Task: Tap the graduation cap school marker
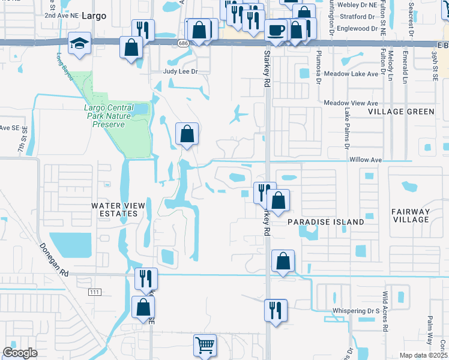(79, 44)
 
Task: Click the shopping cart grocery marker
(205, 346)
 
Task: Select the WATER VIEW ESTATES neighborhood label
(118, 209)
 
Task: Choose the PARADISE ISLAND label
(325, 222)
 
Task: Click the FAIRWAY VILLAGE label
(411, 215)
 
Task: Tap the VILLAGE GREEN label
(401, 112)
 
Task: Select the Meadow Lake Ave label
(351, 74)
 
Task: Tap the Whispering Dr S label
(356, 312)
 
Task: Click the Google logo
(20, 353)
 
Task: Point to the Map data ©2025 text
(423, 355)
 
